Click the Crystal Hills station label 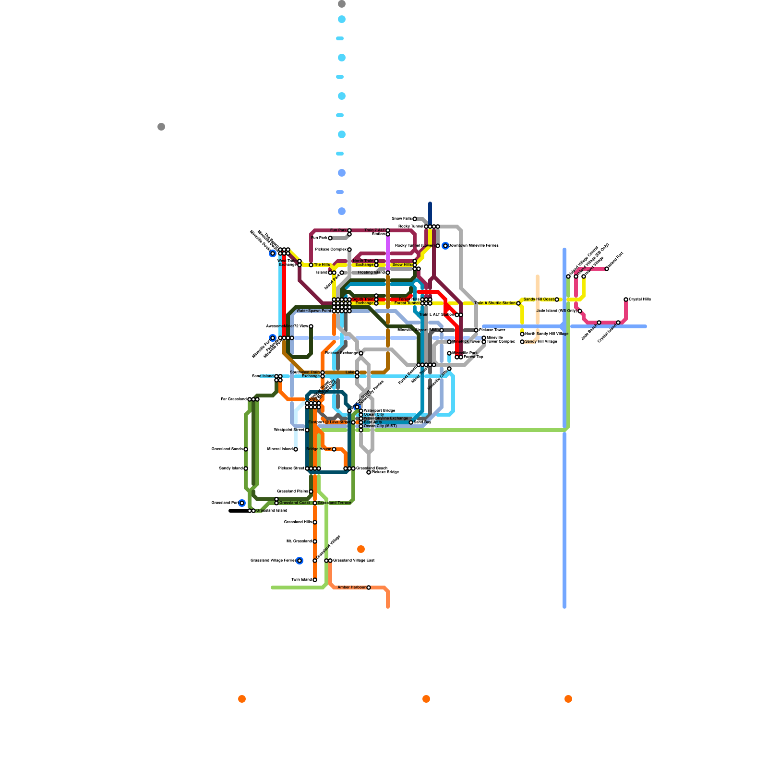tap(640, 300)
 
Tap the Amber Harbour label tap(351, 588)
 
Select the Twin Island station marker tap(315, 580)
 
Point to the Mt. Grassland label tap(299, 541)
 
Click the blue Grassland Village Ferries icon tap(300, 561)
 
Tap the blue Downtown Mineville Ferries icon tap(445, 246)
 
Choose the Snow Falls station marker tap(415, 219)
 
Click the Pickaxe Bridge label tap(385, 472)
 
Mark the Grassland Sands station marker tap(246, 449)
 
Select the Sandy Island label tap(231, 468)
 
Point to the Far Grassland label tap(234, 399)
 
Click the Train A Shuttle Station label tap(494, 303)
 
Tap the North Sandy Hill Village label tap(547, 334)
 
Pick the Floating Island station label tap(371, 273)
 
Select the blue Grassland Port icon tap(242, 503)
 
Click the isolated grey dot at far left tap(161, 127)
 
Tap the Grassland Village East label tap(354, 561)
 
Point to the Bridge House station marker tap(334, 449)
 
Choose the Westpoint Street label tap(289, 430)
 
